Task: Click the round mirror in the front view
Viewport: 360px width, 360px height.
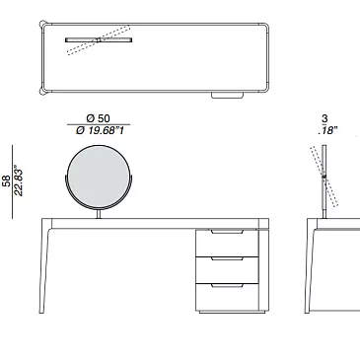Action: (x=99, y=178)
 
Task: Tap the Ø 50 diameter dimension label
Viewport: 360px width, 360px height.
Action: (x=98, y=118)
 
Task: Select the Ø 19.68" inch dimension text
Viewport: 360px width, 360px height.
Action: (x=100, y=131)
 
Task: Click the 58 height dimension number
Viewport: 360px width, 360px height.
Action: (x=7, y=181)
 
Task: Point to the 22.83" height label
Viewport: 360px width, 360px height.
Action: (x=19, y=182)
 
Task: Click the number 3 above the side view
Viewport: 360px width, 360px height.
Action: (x=324, y=118)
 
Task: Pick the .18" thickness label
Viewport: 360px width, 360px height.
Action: (x=327, y=130)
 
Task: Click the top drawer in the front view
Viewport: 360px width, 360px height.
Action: (x=227, y=243)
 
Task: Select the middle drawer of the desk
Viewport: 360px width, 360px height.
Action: (x=227, y=270)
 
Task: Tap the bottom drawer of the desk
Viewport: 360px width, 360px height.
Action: (x=227, y=297)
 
